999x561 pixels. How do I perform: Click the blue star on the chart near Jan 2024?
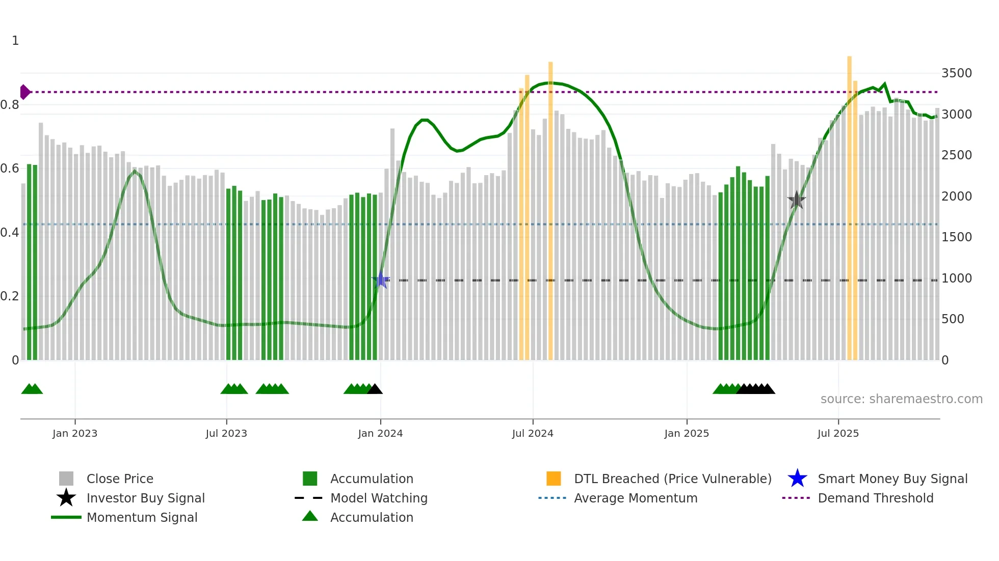[381, 279]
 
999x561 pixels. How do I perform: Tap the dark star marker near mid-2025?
[796, 200]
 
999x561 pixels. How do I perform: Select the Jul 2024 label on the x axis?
[533, 433]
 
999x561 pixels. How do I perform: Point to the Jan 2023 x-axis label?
[75, 433]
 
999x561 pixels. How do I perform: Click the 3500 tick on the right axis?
[956, 73]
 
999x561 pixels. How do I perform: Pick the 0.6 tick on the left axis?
[10, 169]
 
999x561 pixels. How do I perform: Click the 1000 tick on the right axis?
[956, 278]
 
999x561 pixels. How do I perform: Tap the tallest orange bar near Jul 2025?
[849, 204]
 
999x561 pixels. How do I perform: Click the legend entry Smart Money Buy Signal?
[892, 479]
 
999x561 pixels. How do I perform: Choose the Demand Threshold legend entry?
[875, 498]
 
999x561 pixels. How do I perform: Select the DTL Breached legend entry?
[672, 479]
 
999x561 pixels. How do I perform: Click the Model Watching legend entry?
[378, 498]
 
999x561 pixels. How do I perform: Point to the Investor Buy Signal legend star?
[66, 498]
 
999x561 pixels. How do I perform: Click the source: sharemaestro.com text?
[901, 399]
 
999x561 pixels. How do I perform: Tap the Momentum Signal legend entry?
[142, 517]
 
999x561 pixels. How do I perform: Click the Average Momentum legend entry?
[635, 498]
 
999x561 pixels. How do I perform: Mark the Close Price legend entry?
[119, 479]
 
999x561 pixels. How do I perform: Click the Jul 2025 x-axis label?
[838, 433]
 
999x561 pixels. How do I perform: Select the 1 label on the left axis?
[15, 41]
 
